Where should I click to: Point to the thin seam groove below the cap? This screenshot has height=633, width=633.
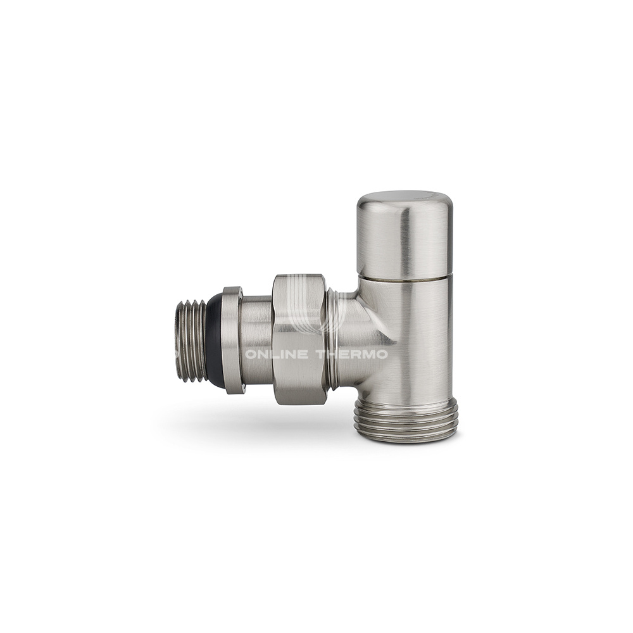coord(405,279)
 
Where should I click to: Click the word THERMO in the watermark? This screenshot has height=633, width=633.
coord(351,355)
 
